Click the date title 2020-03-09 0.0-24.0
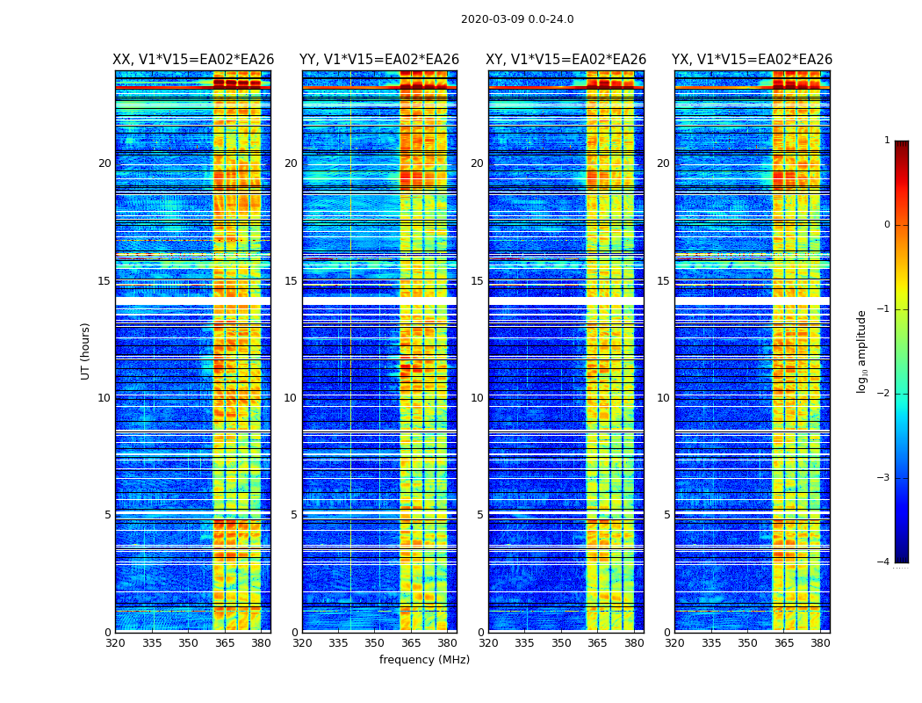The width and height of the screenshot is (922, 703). click(x=517, y=19)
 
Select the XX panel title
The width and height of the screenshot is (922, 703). click(x=193, y=60)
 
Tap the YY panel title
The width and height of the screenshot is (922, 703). click(x=379, y=60)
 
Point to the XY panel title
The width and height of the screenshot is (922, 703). click(x=566, y=60)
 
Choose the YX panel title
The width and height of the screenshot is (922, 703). click(x=752, y=60)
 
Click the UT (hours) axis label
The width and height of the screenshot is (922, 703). click(x=86, y=351)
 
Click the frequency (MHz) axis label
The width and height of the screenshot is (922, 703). click(x=424, y=660)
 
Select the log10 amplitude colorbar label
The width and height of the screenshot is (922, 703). click(x=862, y=351)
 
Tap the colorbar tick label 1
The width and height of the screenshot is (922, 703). click(x=887, y=141)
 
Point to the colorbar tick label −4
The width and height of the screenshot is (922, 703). click(x=884, y=562)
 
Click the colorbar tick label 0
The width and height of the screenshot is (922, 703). click(x=887, y=225)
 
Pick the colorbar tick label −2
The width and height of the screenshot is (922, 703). click(x=884, y=394)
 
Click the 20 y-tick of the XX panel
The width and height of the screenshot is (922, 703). click(x=104, y=163)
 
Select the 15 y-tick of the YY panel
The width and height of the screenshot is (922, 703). click(x=291, y=281)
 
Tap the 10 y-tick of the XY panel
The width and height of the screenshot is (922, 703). click(x=477, y=398)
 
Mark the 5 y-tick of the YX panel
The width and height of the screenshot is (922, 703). click(x=666, y=515)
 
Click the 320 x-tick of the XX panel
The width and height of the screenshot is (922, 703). click(x=116, y=643)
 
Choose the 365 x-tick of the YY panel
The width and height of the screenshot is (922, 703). click(x=411, y=643)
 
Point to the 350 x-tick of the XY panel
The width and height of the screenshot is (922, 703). click(x=561, y=643)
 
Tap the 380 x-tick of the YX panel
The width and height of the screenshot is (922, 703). click(x=820, y=643)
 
